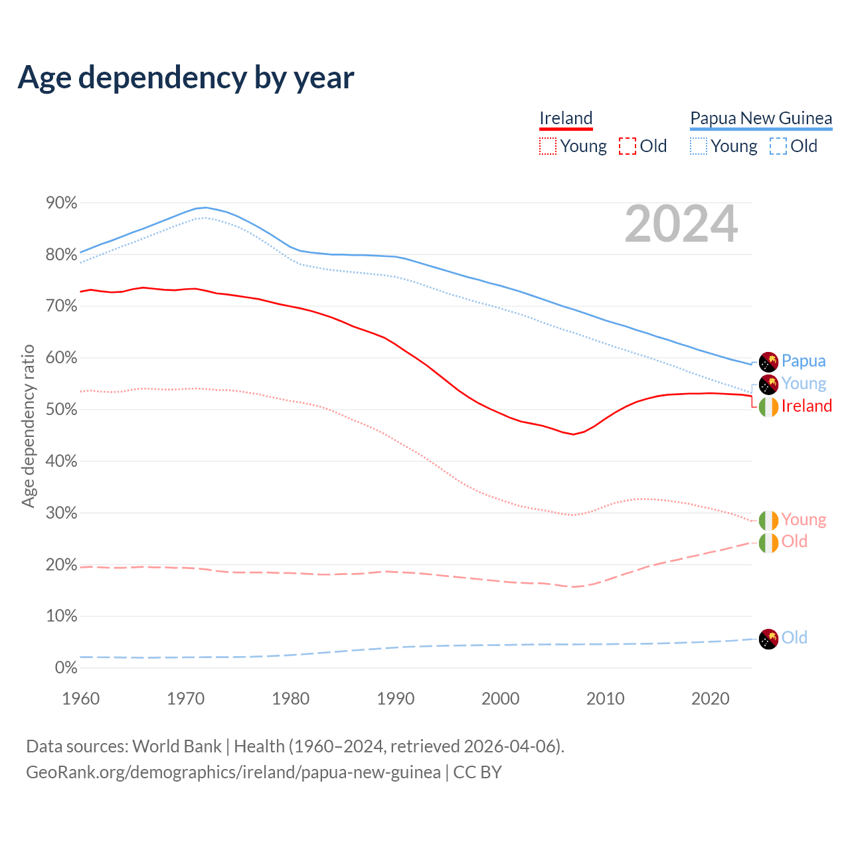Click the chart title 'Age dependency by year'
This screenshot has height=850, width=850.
[x=186, y=78]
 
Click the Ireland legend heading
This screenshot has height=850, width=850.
[x=566, y=118]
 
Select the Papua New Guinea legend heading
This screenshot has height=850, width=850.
[x=761, y=118]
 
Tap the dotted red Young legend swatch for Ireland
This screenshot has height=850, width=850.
[x=548, y=146]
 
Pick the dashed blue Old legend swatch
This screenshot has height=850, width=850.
[x=778, y=146]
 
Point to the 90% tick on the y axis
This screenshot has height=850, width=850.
[x=62, y=203]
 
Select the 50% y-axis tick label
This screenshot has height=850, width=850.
[x=62, y=410]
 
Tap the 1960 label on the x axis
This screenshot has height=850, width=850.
[x=80, y=699]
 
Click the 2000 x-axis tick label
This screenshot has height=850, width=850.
[x=500, y=699]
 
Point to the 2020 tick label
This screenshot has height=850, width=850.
[x=710, y=699]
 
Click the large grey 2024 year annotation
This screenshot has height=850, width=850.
[x=681, y=224]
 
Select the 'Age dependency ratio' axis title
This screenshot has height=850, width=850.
[x=28, y=426]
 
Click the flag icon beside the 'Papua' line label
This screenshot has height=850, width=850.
[x=768, y=362]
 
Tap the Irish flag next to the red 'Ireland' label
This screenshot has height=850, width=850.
[x=768, y=406]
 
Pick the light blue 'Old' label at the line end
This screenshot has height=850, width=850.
[x=794, y=637]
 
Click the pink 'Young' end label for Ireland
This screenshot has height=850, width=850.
[x=804, y=519]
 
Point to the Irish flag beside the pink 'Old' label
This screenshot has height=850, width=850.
[x=768, y=543]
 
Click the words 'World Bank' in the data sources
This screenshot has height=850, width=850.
[x=177, y=746]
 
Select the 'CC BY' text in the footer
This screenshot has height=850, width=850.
[x=477, y=772]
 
